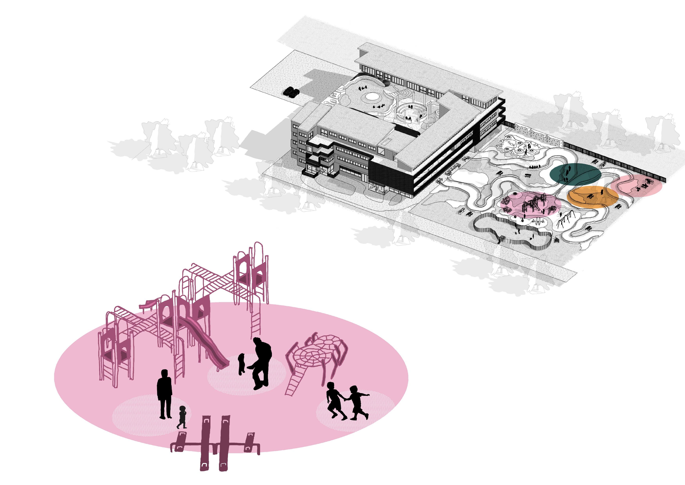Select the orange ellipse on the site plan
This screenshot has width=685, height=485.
point(592,197)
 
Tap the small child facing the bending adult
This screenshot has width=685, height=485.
point(242,363)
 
